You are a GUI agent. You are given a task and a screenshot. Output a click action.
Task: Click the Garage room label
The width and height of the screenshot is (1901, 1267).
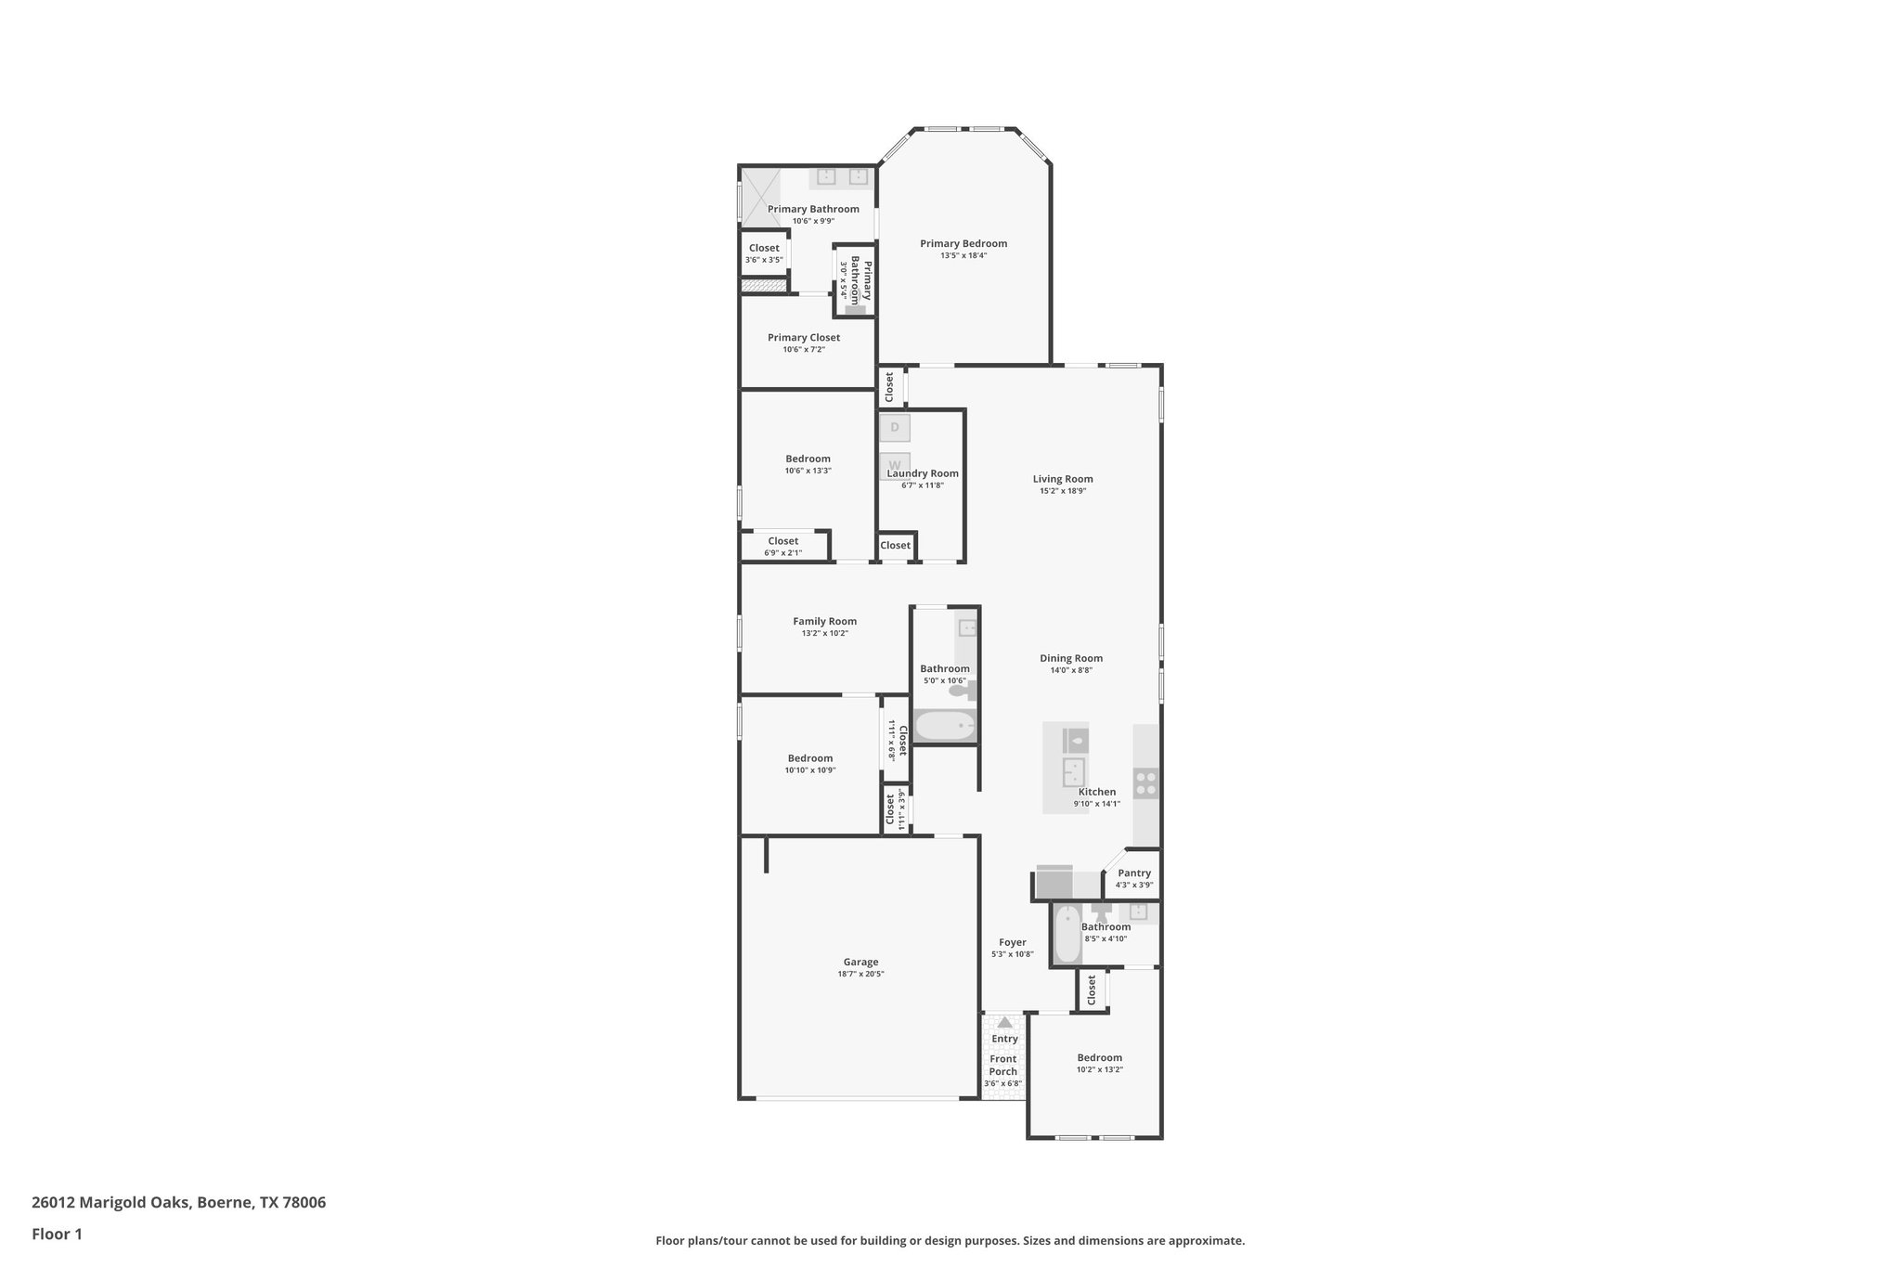click(860, 962)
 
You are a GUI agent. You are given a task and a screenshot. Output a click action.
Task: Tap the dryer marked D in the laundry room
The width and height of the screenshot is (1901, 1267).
click(895, 428)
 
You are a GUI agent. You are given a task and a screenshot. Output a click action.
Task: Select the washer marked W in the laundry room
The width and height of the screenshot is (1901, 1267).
click(895, 464)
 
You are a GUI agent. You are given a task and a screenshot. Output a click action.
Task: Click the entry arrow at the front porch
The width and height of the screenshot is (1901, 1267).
click(1004, 1022)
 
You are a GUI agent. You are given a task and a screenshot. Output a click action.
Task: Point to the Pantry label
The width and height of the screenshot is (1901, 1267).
click(1134, 873)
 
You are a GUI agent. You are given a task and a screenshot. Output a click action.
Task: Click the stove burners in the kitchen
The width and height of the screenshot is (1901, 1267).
click(1146, 784)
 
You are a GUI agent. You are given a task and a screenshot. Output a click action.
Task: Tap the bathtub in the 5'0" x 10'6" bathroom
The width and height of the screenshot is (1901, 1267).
click(945, 725)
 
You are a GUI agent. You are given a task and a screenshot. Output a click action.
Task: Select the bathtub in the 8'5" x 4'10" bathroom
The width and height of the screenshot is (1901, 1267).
click(1068, 934)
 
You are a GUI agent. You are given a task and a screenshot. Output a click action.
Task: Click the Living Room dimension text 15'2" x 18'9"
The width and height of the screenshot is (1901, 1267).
click(1063, 491)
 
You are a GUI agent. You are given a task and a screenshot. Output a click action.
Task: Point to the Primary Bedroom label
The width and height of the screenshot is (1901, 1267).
click(963, 243)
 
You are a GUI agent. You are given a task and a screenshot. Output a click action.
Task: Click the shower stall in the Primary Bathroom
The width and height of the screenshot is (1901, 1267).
click(759, 196)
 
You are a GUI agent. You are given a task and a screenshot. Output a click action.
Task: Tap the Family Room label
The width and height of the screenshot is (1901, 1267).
click(824, 621)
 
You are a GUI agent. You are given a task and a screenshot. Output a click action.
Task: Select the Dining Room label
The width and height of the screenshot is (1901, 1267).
click(1071, 658)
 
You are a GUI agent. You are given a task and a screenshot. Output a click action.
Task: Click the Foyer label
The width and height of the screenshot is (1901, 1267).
click(1012, 942)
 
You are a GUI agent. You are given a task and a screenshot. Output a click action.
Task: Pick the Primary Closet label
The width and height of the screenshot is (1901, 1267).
click(804, 338)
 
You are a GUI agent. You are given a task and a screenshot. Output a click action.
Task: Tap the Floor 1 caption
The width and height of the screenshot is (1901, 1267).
click(57, 1234)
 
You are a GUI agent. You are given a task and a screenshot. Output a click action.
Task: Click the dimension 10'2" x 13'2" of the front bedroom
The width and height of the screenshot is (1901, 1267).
click(1099, 1069)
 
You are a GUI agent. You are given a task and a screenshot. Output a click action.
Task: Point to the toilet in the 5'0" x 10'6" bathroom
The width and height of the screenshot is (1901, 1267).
click(960, 691)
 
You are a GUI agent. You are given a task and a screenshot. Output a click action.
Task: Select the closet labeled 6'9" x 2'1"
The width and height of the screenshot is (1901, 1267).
click(782, 546)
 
